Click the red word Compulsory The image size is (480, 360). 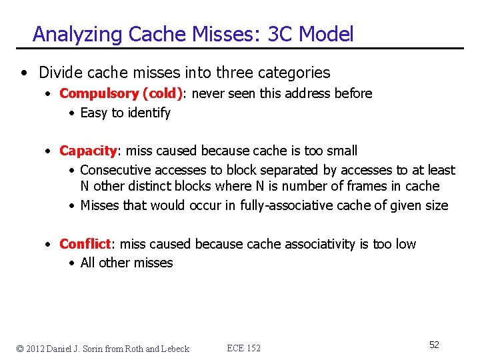98,94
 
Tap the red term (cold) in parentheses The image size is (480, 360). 161,94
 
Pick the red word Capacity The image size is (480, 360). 88,151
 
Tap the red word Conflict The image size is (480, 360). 85,244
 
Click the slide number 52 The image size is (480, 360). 434,345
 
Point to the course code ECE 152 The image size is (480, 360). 244,348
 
